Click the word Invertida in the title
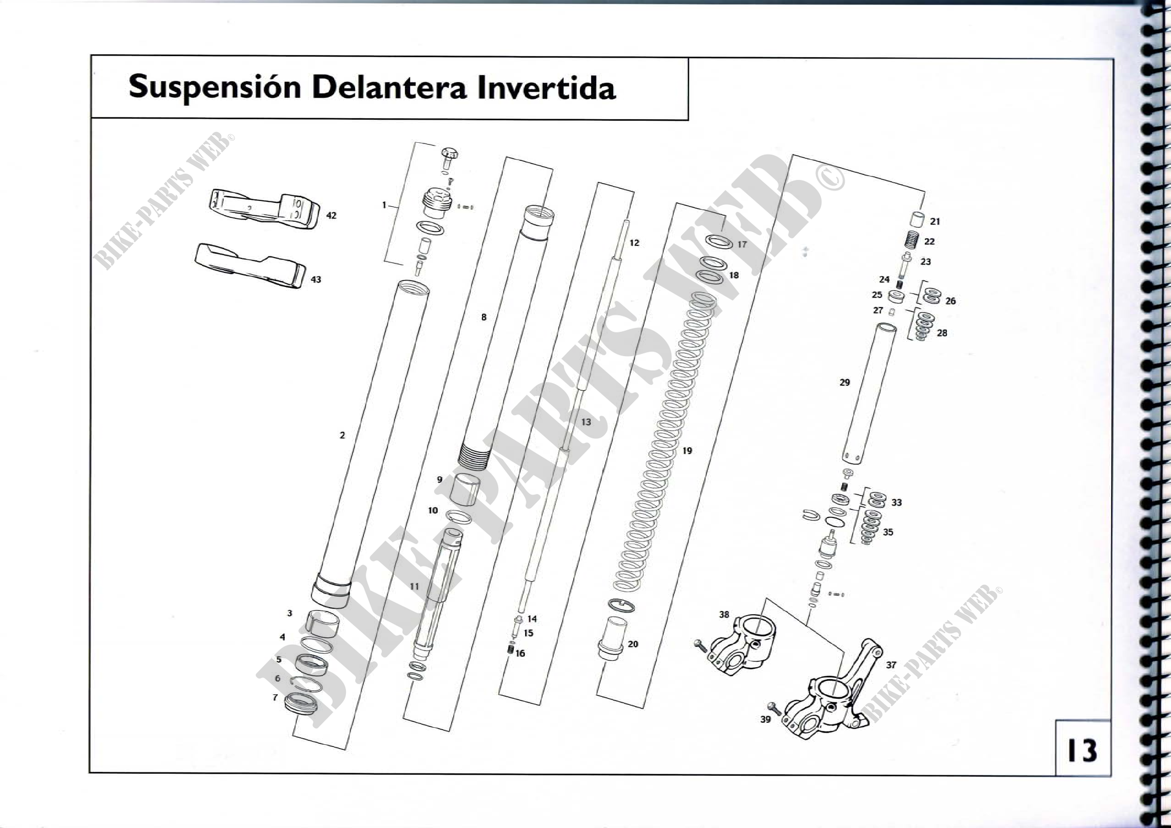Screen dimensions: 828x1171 click(546, 88)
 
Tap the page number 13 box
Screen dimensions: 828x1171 click(1082, 750)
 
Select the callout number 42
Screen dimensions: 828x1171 click(331, 216)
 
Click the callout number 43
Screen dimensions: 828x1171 click(316, 280)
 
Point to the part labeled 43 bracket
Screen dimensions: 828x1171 click(250, 266)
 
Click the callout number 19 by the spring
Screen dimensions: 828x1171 click(687, 451)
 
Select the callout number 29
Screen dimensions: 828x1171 click(845, 382)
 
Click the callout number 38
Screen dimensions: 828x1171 click(724, 615)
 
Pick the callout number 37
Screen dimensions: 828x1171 click(891, 665)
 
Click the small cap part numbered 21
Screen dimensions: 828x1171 click(917, 220)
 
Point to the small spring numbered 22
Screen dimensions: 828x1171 click(913, 240)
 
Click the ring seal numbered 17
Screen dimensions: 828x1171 click(718, 241)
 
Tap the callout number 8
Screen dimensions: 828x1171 click(484, 317)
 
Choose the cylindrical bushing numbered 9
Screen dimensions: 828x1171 click(465, 489)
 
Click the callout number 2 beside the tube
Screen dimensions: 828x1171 click(342, 435)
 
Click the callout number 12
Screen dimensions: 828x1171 click(634, 243)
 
